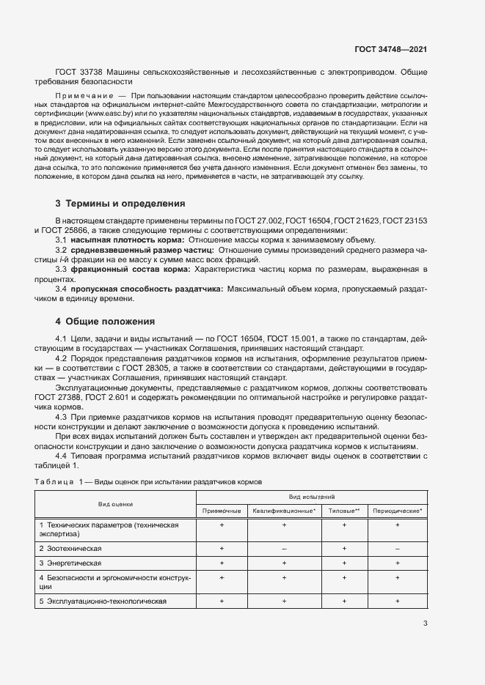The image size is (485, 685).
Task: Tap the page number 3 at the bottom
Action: click(425, 623)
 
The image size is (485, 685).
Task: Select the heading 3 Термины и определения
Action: click(120, 203)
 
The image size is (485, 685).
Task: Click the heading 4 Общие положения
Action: click(105, 321)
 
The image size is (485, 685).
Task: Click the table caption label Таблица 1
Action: click(57, 481)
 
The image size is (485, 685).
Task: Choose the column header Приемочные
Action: click(221, 510)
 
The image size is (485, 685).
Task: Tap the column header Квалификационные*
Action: click(284, 510)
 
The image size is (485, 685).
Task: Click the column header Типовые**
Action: click(343, 510)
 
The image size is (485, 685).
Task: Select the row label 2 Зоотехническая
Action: click(70, 548)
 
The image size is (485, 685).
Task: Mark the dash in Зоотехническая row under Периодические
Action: click(397, 548)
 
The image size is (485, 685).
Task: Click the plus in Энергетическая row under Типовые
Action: click(343, 563)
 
